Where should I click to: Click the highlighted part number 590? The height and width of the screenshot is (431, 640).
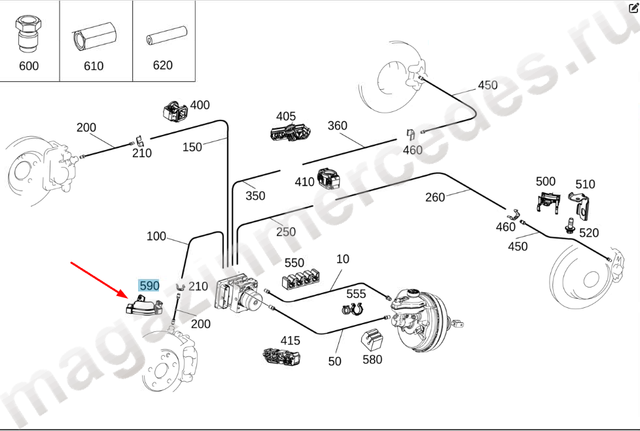coord(149,286)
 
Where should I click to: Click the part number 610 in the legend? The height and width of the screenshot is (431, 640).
coord(94,66)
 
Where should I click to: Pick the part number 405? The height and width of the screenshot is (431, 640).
coord(285,117)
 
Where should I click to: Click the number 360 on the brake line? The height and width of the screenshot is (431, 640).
coord(337,126)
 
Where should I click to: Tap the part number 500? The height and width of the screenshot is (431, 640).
coord(545,181)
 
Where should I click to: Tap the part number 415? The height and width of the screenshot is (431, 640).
coord(290,341)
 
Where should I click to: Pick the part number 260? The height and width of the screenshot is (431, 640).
coord(435,197)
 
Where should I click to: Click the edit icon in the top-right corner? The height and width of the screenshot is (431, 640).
coord(633,9)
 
